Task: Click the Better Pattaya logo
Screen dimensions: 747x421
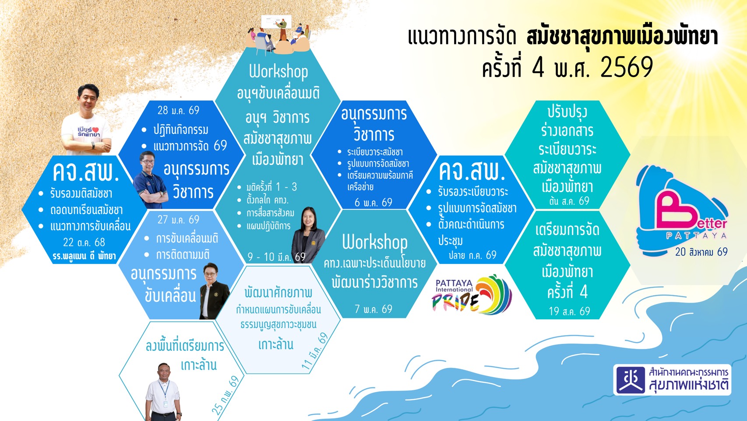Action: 682,210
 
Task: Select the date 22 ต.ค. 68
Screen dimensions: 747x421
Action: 84,242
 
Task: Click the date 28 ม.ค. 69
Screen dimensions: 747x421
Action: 178,110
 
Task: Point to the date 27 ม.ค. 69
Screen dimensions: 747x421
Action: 178,220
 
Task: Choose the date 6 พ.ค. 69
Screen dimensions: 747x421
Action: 373,203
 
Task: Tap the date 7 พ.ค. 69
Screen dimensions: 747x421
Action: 373,309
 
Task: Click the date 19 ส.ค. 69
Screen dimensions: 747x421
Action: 569,311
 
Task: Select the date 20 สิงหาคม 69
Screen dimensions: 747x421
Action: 701,252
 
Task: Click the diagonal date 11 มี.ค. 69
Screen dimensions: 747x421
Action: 315,351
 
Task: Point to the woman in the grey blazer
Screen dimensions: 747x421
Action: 308,235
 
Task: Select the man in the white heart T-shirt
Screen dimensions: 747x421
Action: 87,120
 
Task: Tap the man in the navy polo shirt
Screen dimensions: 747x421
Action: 150,180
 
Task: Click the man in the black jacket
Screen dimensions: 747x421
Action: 214,291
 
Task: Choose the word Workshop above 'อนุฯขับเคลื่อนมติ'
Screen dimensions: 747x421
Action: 278,72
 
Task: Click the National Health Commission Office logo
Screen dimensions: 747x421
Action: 672,380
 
